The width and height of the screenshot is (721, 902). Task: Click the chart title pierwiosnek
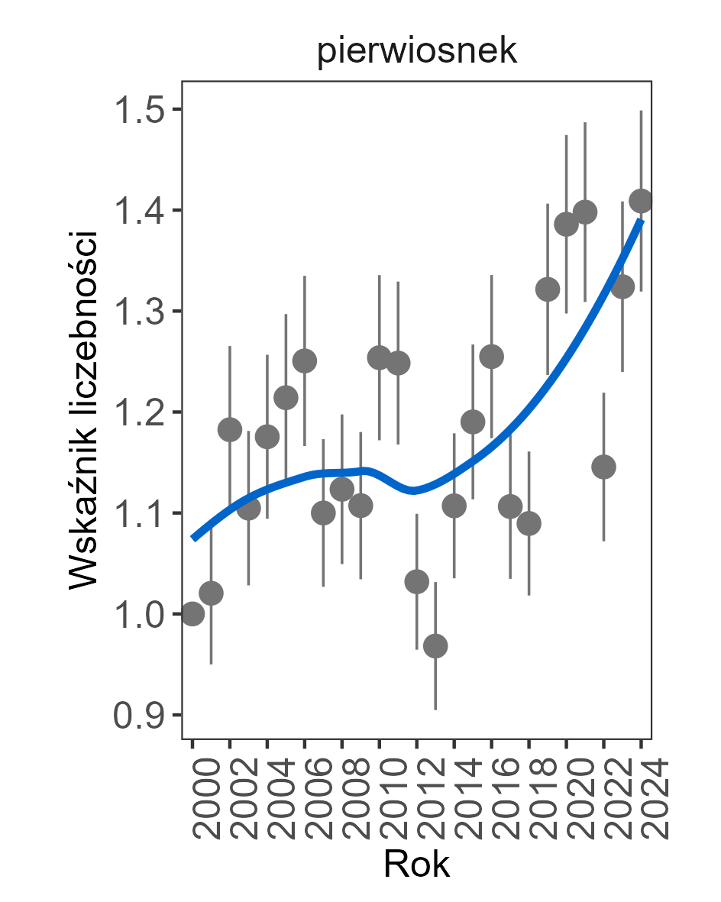click(417, 53)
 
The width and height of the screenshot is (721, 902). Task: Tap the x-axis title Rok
click(416, 865)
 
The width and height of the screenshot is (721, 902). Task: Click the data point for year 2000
click(192, 613)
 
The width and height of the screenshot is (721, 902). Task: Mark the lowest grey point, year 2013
click(435, 646)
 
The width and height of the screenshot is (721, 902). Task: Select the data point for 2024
click(641, 201)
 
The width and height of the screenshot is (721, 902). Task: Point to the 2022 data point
click(603, 467)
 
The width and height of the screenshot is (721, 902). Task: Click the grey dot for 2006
click(305, 361)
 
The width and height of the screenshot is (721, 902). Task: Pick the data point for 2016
click(491, 357)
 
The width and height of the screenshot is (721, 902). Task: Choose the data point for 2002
click(230, 429)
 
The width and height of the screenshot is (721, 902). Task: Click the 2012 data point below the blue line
click(416, 582)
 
